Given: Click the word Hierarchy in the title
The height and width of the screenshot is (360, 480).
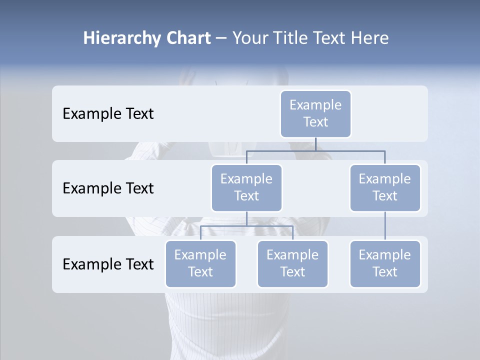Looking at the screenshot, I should pos(121,38).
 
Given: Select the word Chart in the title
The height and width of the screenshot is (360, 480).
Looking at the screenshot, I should pos(187,38).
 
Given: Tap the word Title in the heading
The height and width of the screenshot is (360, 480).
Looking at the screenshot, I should pos(290,38).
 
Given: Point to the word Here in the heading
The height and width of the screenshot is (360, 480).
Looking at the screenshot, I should pos(369,38).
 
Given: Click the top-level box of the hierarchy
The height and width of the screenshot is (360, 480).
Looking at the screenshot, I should pos(315,113).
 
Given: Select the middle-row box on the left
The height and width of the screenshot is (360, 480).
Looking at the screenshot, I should pos(246,187).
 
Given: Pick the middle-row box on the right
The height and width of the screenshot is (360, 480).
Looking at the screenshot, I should pos(384,187).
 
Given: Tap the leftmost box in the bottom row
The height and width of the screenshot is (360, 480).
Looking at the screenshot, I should pos(200,263).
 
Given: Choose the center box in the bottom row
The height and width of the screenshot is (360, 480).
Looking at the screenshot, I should pos(292,263).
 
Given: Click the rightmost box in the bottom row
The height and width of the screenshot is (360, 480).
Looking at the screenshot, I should pos(384,263).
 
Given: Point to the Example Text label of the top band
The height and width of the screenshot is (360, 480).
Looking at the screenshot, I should pos(108,113).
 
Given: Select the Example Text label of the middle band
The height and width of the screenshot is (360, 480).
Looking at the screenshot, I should pos(108,188).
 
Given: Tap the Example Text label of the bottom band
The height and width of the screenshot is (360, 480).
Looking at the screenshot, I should pos(108,264).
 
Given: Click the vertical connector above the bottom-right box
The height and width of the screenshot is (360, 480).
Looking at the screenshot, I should pos(385,226).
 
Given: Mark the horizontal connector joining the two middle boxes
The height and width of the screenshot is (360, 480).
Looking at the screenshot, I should pos(315,150).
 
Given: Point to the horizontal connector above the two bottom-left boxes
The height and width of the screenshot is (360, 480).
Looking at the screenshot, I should pos(246,226).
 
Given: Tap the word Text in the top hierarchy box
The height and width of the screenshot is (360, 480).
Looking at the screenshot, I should pos(315,122).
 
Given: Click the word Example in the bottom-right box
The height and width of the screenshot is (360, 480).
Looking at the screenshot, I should pos(384,255).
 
